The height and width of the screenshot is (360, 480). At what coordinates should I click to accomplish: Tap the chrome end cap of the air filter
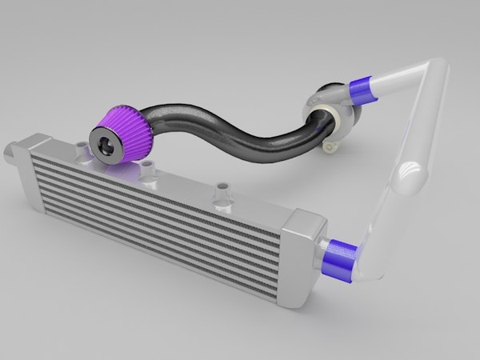click(110, 145)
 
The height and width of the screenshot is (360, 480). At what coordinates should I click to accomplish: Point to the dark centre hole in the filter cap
click(110, 146)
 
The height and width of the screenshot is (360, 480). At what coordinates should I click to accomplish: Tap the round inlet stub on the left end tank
click(9, 150)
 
